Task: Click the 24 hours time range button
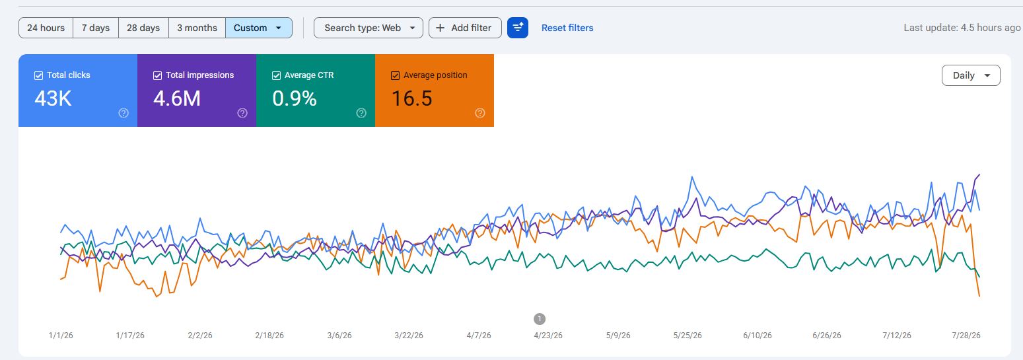46,28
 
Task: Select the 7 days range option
96,28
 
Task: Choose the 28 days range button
143,28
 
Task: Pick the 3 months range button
197,28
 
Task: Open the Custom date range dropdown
258,28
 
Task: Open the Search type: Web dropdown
368,28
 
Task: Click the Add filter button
465,28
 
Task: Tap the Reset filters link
567,28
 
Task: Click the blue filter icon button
518,28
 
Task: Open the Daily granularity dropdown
971,75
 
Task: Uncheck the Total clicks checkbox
39,75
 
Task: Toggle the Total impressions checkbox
158,75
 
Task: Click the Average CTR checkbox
276,75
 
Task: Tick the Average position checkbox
396,75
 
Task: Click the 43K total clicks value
53,98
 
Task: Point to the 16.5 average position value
412,98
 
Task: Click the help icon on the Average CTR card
361,113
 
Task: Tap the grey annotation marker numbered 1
540,319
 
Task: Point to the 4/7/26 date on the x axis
479,336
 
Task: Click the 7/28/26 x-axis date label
966,336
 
